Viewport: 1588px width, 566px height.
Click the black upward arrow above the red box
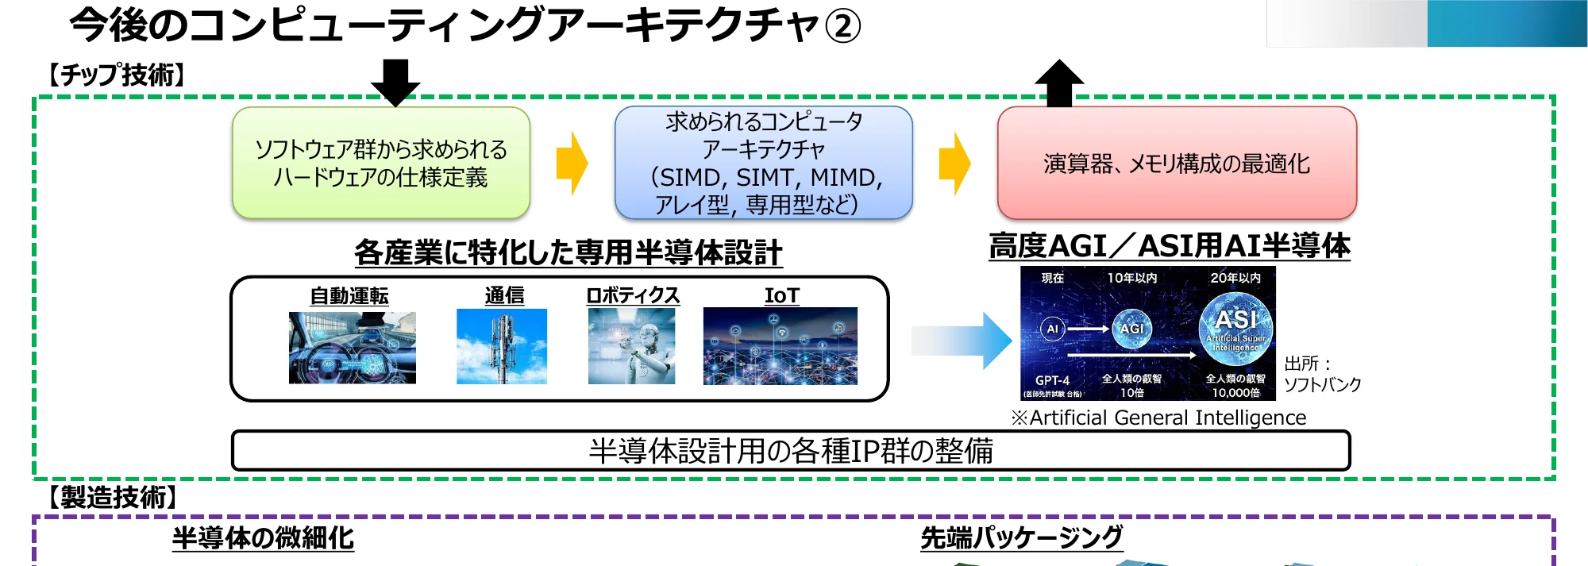[1059, 83]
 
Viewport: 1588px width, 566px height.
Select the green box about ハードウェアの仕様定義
[381, 163]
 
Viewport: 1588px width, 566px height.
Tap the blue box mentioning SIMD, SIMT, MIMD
[764, 163]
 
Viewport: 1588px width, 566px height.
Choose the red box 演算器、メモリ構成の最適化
[1177, 163]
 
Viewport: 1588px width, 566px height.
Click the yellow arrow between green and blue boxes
[572, 164]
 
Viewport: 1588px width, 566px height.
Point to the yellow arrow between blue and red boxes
[954, 164]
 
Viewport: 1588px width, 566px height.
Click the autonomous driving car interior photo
[352, 348]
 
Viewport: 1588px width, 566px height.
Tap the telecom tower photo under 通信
[502, 347]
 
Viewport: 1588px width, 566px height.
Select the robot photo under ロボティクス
[631, 346]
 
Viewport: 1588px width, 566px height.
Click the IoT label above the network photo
[781, 295]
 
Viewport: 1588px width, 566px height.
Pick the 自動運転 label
[349, 296]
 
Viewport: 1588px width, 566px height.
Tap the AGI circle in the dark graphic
[1131, 328]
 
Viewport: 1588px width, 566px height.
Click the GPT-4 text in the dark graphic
[1052, 380]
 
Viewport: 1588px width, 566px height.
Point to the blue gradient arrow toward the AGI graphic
[961, 341]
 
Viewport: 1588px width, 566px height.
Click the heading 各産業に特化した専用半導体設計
[568, 252]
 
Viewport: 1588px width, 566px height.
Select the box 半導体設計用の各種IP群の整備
[791, 450]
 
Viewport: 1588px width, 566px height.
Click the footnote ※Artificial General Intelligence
[1158, 418]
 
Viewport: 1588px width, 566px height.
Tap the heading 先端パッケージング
[1021, 537]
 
